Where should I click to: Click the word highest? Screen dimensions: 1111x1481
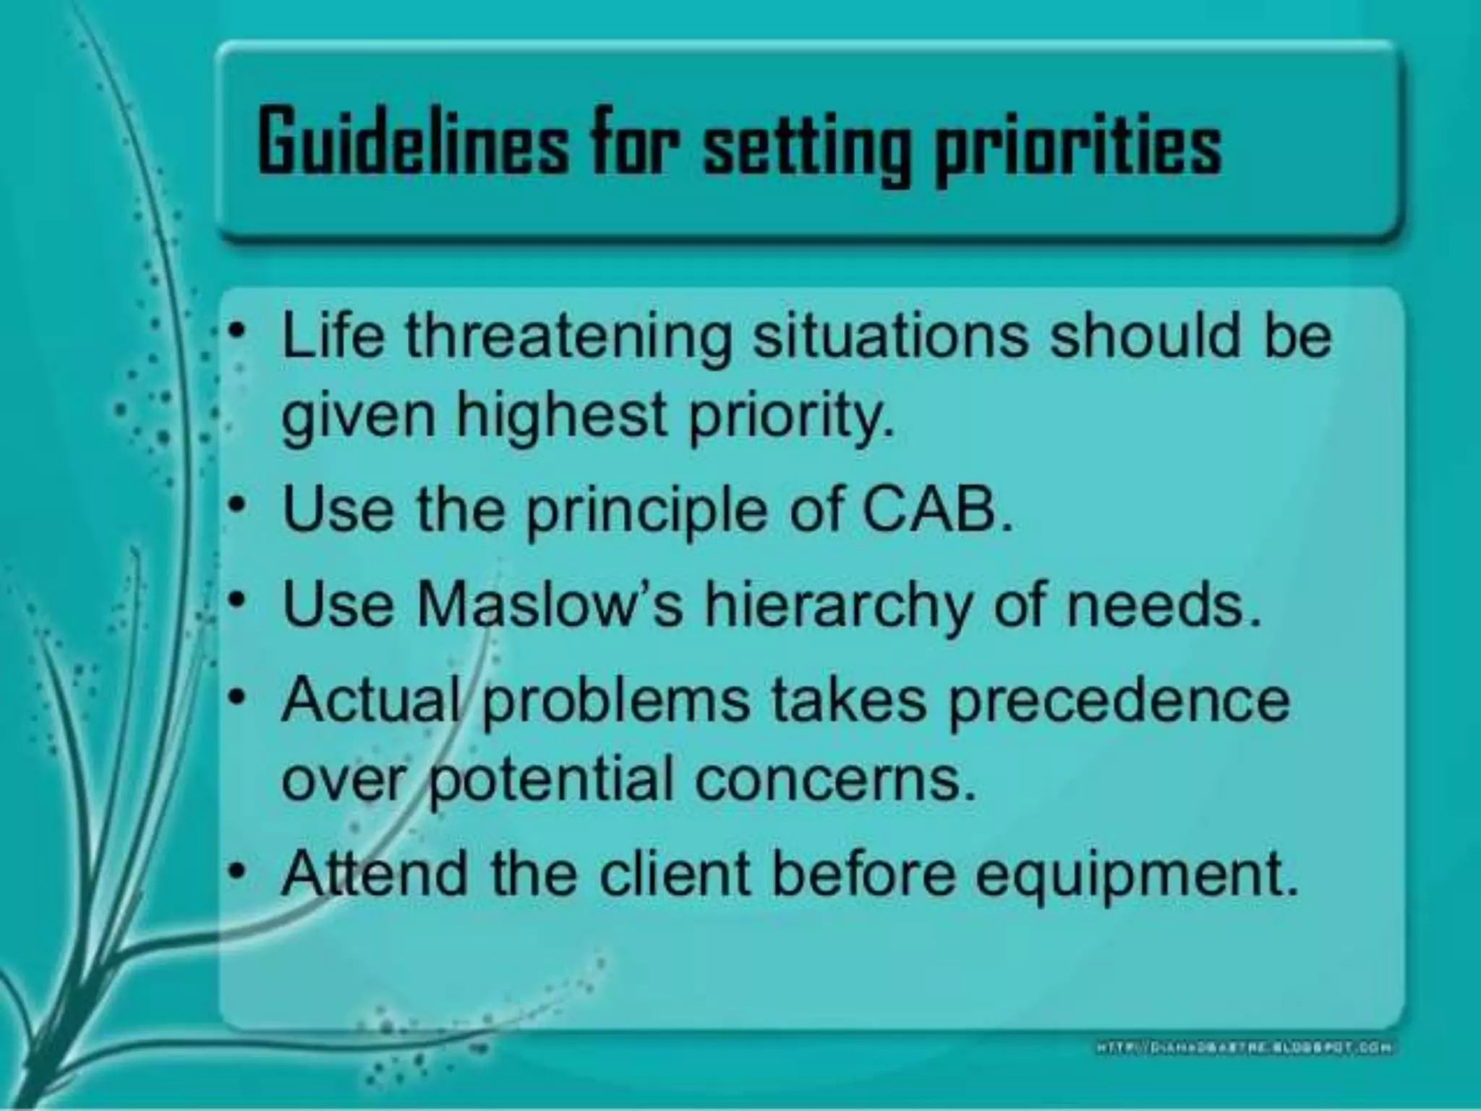click(x=561, y=418)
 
